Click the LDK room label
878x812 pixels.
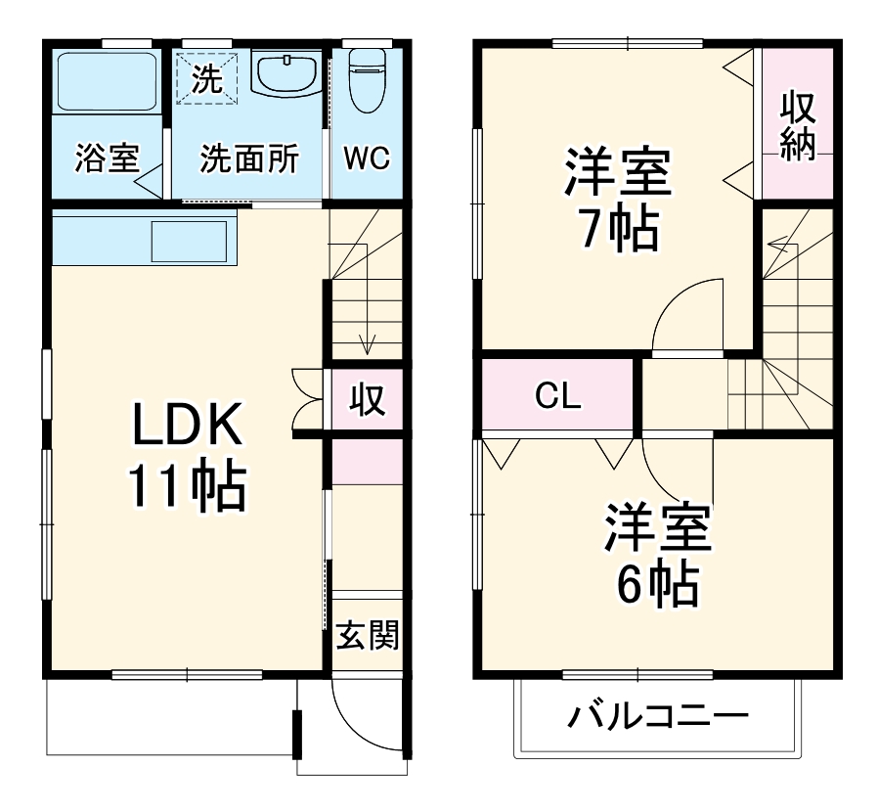coord(186,426)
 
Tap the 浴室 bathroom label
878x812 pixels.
coord(107,158)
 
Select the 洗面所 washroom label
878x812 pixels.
coord(249,158)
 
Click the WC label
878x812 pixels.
coord(367,158)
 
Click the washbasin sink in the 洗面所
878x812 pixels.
coord(285,72)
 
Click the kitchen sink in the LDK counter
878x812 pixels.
coord(189,240)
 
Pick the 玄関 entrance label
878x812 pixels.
coord(367,636)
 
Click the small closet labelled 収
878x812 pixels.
coord(367,399)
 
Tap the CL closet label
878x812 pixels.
coord(558,396)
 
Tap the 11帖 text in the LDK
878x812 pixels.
coord(186,486)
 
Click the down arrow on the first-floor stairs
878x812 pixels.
coord(368,343)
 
